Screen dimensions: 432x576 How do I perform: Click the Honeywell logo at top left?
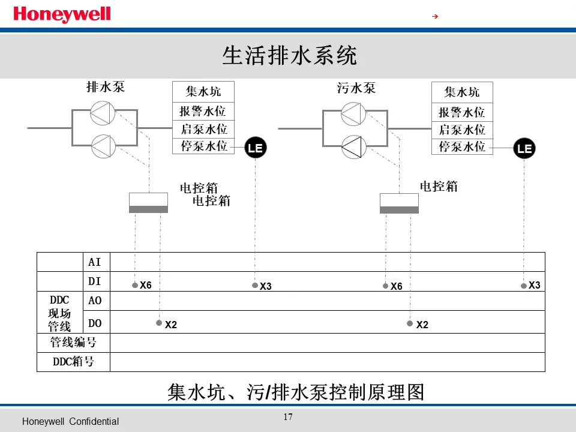tap(62, 14)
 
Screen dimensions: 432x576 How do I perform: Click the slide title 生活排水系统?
tap(289, 56)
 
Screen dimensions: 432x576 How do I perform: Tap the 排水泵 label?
tap(106, 88)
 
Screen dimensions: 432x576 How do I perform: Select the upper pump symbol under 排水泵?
tap(103, 113)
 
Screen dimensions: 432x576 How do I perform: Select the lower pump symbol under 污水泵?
tap(353, 147)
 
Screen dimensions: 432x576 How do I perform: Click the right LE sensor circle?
tap(524, 148)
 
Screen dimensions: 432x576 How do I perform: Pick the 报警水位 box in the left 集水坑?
tap(203, 111)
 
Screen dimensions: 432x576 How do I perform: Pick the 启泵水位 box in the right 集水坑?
tap(462, 130)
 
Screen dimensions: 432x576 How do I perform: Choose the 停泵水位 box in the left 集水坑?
tap(203, 146)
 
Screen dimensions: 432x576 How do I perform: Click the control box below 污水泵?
tap(399, 203)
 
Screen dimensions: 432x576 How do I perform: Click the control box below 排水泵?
tap(148, 203)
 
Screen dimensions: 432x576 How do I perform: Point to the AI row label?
tap(95, 262)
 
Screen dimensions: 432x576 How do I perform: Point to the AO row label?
tap(95, 301)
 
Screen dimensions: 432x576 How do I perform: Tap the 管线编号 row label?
tap(73, 343)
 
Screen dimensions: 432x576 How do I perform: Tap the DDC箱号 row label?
tap(73, 362)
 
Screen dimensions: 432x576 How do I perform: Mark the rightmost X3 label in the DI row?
tap(534, 286)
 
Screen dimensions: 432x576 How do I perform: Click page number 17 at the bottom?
tap(288, 417)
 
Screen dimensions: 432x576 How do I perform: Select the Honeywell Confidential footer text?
tap(70, 422)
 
